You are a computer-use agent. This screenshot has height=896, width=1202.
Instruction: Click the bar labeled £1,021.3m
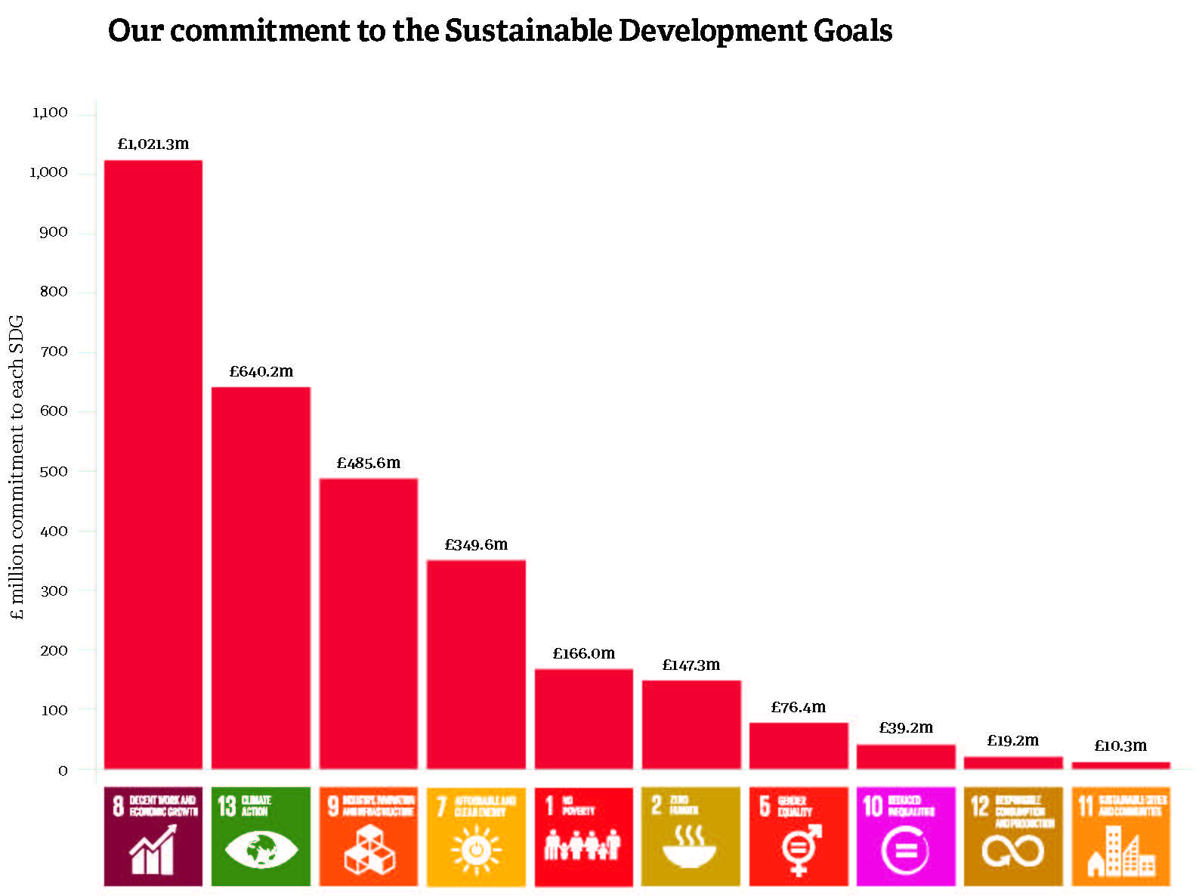(153, 464)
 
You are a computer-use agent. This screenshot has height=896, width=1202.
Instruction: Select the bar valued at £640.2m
(261, 578)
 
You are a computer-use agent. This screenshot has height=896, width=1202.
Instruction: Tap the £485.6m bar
(369, 623)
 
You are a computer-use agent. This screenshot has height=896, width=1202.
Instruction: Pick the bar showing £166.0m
(584, 718)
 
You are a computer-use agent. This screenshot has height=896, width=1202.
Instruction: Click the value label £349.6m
(476, 544)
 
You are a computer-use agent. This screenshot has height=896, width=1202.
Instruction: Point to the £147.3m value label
(691, 665)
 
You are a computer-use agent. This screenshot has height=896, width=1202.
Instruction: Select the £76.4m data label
(799, 708)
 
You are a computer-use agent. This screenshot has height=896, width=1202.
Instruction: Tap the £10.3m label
(1120, 746)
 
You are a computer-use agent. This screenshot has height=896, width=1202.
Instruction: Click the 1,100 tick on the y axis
(50, 113)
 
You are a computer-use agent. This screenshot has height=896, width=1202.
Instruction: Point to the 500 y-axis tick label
(54, 472)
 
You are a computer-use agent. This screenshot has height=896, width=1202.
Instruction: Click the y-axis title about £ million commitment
(18, 467)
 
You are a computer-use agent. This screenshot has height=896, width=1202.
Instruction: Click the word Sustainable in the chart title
(527, 31)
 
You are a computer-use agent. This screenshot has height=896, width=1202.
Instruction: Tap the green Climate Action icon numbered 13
(261, 836)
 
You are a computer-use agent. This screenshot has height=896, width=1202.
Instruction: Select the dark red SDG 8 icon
(153, 836)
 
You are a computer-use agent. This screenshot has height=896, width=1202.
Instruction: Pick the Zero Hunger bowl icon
(691, 836)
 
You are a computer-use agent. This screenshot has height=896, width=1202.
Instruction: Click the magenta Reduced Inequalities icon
(906, 836)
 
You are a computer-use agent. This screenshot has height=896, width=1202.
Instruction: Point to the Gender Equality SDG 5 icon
(799, 836)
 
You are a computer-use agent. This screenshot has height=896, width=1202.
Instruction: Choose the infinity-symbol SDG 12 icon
(1013, 836)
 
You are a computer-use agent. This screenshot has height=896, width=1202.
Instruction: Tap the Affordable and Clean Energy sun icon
(476, 836)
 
